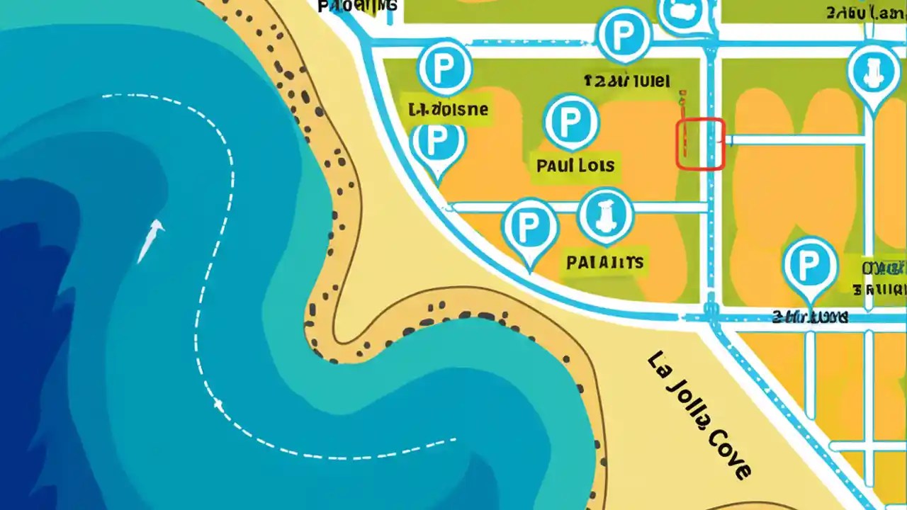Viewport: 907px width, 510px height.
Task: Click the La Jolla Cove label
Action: tap(699, 415)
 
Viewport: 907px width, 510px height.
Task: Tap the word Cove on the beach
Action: tap(721, 449)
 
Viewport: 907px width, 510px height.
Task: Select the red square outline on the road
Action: tap(701, 144)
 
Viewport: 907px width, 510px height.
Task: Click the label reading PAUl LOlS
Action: tap(575, 166)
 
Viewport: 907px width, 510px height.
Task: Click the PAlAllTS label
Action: tap(604, 263)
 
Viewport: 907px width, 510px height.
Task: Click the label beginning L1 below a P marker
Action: tap(449, 110)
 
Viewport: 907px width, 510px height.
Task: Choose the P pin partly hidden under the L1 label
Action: tap(437, 146)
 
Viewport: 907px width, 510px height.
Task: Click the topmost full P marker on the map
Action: tap(624, 34)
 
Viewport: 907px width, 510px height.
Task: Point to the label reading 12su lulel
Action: tap(626, 81)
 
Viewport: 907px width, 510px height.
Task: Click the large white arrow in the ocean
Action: tap(150, 240)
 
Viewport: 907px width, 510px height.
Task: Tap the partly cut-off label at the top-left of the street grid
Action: tap(358, 6)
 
